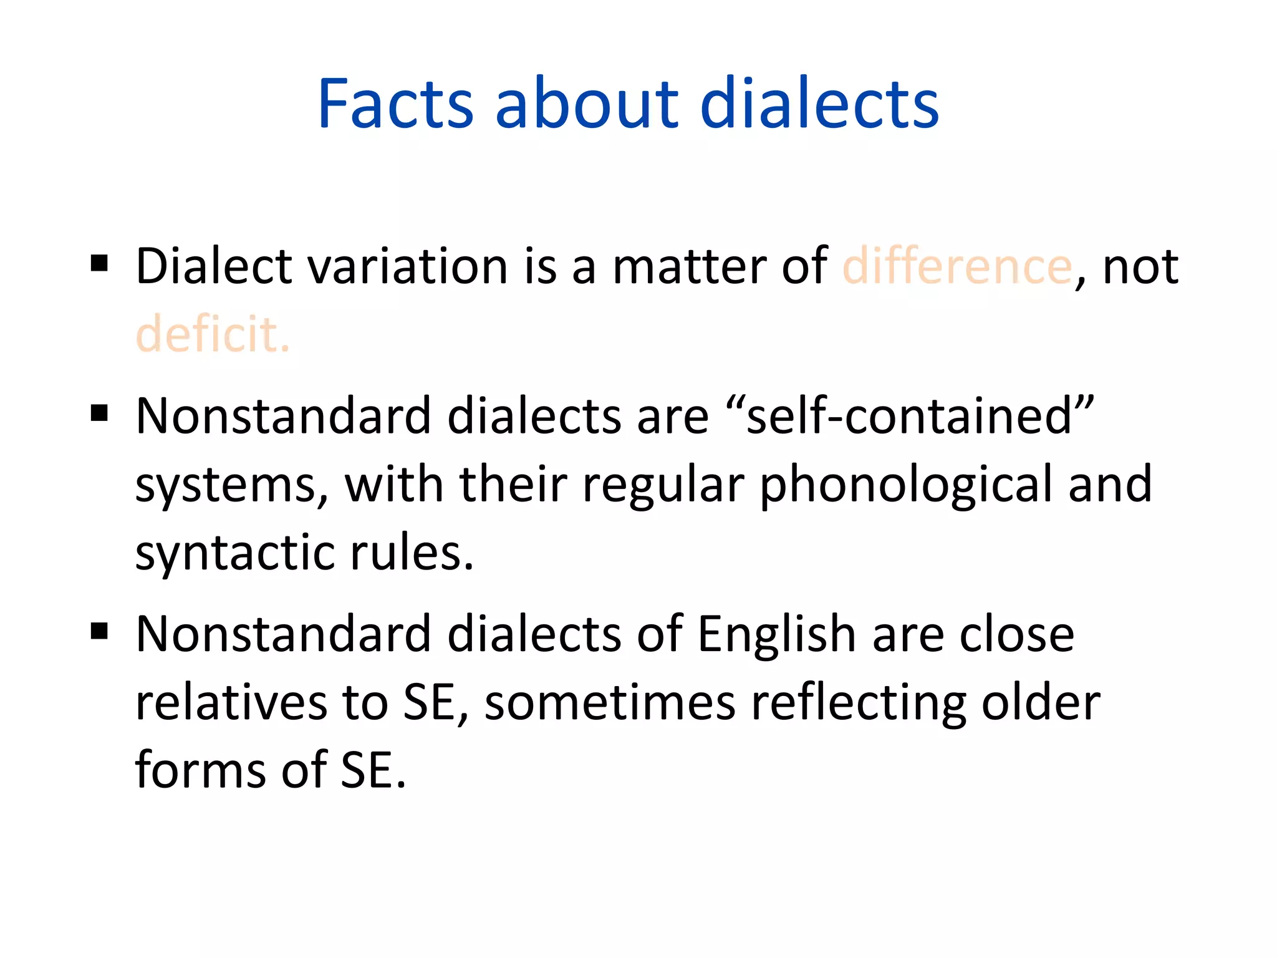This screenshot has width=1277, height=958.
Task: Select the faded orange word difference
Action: tap(957, 266)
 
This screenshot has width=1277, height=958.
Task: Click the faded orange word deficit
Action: tap(213, 334)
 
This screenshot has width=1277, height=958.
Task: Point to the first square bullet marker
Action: tap(99, 263)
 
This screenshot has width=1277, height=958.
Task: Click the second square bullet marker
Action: tap(99, 413)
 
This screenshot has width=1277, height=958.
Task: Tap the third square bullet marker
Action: tap(99, 631)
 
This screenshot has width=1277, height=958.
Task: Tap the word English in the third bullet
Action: tap(776, 634)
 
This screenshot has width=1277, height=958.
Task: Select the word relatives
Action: tap(231, 703)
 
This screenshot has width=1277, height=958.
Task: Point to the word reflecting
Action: tap(858, 703)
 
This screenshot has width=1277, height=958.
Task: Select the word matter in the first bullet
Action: tap(690, 266)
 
